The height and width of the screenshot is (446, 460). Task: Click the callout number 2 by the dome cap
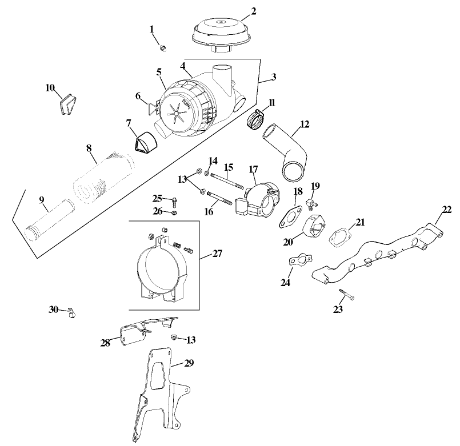click(253, 11)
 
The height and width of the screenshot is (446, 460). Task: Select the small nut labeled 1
click(162, 48)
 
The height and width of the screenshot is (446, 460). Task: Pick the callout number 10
click(50, 88)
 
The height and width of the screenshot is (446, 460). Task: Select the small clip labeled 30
click(71, 312)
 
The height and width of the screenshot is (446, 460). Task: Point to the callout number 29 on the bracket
click(189, 363)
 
